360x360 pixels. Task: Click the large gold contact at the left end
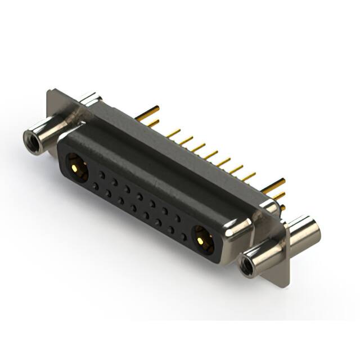75,167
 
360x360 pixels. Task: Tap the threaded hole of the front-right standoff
246,265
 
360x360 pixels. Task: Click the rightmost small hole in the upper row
178,217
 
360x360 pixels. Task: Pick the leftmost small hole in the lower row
96,185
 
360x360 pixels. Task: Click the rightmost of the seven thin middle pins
247,175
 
